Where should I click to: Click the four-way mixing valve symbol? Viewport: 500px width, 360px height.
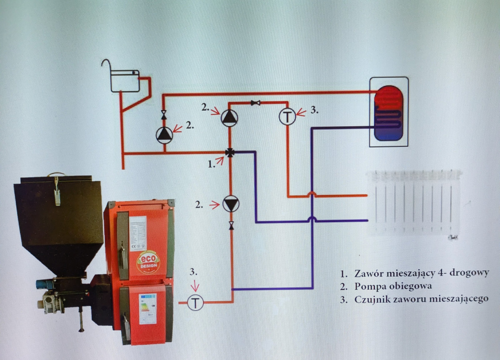pos(230,152)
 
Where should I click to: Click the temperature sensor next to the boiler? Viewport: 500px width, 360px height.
pos(195,302)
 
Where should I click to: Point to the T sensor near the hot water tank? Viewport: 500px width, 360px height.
pos(287,117)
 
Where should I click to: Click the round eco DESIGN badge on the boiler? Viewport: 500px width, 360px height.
pos(148,262)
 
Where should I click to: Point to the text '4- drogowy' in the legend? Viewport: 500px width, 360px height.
pos(465,273)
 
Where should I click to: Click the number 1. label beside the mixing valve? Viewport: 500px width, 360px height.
pos(212,164)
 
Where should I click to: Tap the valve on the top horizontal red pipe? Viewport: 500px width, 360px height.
pos(253,102)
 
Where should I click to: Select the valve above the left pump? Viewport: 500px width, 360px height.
pos(164,114)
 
